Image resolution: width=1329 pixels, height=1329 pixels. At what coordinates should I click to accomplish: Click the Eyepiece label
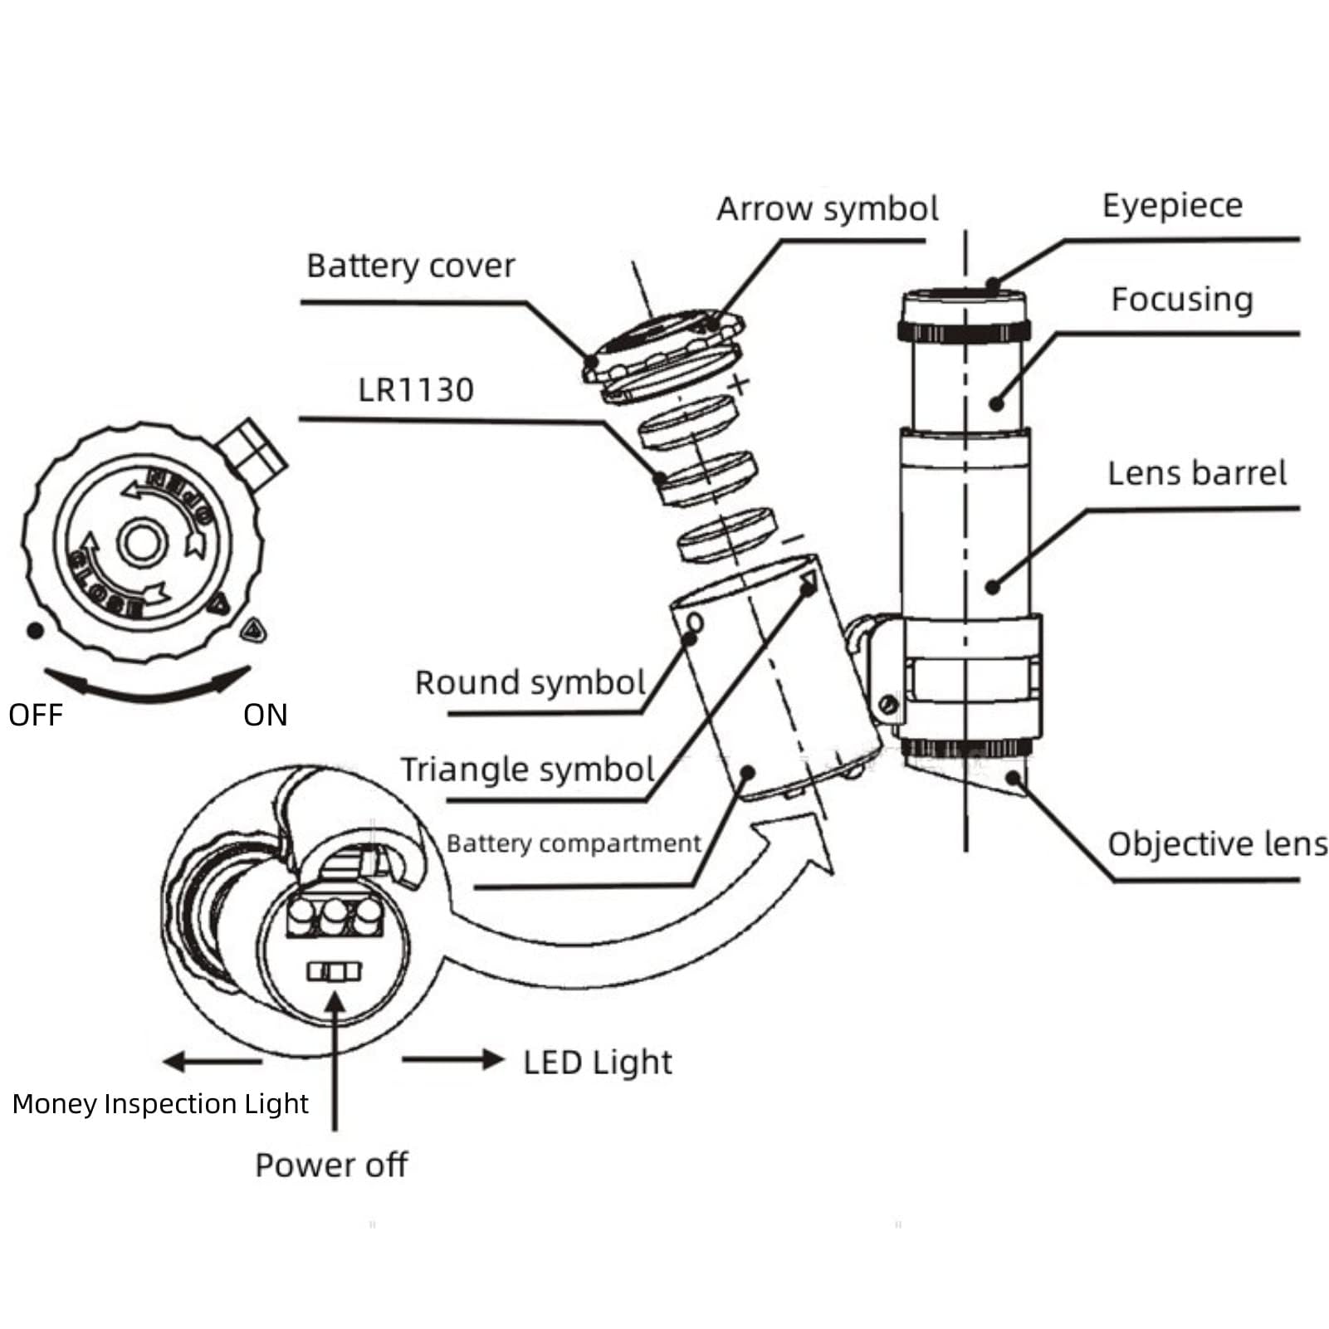tap(1172, 207)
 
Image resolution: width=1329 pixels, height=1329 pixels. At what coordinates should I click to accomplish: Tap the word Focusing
tap(1181, 300)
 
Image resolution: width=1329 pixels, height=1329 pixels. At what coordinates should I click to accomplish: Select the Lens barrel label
tap(1196, 473)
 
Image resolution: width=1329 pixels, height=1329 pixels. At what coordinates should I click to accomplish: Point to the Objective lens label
tap(1217, 844)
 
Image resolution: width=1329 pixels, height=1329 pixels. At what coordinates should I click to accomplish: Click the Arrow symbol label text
tap(828, 209)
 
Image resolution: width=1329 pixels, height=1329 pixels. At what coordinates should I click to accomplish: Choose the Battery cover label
tap(410, 266)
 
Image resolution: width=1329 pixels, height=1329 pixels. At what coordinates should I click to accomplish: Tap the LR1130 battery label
tap(415, 390)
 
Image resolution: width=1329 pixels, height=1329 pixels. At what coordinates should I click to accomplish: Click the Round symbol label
tap(530, 683)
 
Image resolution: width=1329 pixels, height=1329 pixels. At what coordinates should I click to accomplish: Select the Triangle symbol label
tap(527, 770)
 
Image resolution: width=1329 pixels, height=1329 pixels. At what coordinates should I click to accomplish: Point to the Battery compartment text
tap(574, 843)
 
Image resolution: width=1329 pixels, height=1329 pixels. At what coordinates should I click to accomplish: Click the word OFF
tap(36, 716)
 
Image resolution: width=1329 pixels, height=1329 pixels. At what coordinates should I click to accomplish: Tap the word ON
tap(266, 716)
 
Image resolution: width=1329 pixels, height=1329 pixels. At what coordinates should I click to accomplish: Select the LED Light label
tap(597, 1063)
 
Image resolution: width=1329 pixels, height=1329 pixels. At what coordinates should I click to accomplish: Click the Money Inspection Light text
tap(160, 1104)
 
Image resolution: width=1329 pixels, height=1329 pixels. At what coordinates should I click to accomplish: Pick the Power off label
tap(331, 1165)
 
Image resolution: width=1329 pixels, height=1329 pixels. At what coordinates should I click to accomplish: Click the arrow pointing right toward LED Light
tap(452, 1060)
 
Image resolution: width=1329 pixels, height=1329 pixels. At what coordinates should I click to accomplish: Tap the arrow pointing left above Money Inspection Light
tap(212, 1061)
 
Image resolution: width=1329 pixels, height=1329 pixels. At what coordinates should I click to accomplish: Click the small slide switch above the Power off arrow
tap(335, 972)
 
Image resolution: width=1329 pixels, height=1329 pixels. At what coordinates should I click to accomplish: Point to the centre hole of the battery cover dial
tap(142, 543)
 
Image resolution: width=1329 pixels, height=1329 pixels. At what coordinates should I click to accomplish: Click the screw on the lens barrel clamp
tap(889, 705)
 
